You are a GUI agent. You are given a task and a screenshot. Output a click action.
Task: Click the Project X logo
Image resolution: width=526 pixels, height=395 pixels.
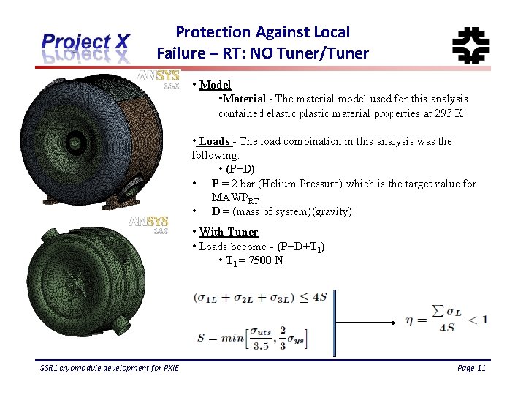click(85, 48)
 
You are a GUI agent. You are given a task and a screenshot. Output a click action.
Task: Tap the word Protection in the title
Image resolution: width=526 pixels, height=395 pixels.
click(213, 32)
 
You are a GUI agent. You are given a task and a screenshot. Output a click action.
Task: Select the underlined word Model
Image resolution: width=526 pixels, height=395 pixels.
click(215, 85)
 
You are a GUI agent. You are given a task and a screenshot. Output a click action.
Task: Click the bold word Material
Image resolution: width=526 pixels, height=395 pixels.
click(245, 99)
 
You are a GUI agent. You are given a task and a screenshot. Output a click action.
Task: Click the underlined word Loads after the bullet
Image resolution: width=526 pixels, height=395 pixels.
click(215, 141)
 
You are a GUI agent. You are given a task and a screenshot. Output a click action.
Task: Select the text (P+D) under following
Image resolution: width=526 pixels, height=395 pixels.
click(240, 169)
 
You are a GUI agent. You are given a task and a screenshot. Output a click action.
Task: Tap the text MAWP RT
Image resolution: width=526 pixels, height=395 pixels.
click(235, 199)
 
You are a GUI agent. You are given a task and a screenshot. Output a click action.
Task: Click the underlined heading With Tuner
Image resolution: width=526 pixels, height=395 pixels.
click(229, 232)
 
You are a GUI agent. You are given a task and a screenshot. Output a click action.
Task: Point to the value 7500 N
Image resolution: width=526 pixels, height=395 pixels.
click(266, 261)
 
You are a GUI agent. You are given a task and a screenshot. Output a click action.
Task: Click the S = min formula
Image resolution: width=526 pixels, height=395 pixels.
click(252, 338)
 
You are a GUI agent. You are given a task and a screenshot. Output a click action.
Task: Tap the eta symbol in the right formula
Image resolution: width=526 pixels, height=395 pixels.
click(412, 319)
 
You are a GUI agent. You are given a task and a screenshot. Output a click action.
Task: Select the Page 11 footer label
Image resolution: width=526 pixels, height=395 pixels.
click(470, 368)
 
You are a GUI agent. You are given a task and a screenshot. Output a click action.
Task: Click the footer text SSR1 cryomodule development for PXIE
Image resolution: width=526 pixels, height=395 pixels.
click(110, 368)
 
